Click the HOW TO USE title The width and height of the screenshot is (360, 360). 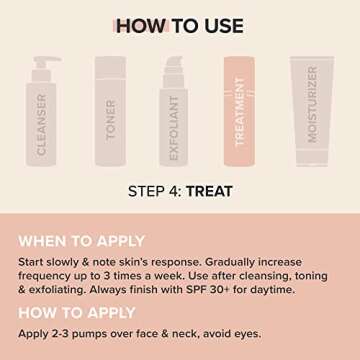point(179,25)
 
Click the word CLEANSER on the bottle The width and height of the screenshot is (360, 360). point(42,124)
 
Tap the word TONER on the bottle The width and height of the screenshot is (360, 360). point(111,119)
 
